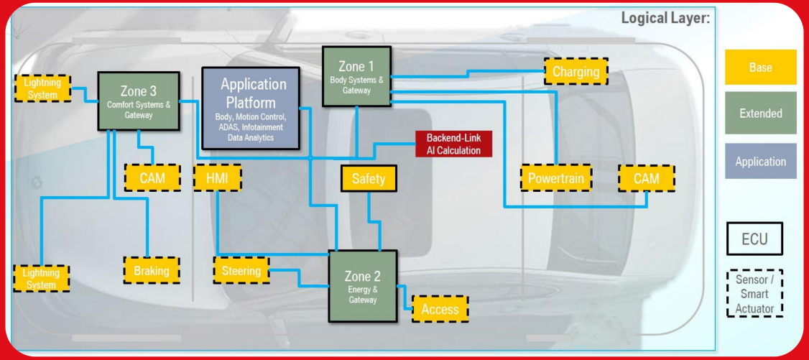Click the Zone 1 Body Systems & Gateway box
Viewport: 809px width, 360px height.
[356, 76]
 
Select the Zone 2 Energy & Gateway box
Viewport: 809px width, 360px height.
[363, 286]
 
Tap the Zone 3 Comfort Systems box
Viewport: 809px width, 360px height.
[138, 101]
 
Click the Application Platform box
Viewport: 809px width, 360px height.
[251, 109]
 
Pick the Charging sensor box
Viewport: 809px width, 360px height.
[575, 72]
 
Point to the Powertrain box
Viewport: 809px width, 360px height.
[556, 178]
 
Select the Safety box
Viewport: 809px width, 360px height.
[369, 179]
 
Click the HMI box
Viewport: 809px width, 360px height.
[217, 178]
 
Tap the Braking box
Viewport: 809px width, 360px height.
[152, 271]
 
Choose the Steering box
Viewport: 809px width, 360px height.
[241, 271]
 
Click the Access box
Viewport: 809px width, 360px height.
[440, 309]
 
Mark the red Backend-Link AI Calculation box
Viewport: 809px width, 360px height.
[453, 144]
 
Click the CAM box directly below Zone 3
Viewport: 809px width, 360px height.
[152, 177]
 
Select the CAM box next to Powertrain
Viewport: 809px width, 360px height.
[647, 178]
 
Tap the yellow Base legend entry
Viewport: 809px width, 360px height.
[760, 68]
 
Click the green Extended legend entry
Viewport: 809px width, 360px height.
[760, 114]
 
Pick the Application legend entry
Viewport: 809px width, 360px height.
[760, 162]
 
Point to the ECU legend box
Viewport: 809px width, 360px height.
[754, 240]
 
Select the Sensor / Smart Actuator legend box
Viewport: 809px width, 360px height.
[754, 294]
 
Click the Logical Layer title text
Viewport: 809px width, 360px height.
[665, 18]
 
